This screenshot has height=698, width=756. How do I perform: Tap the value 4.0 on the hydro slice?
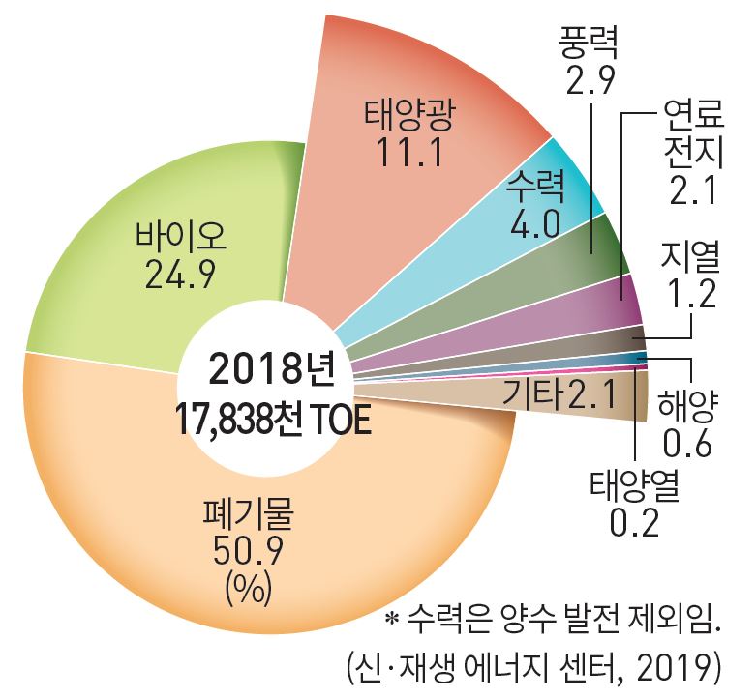pyautogui.click(x=533, y=223)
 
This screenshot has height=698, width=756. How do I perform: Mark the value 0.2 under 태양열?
pyautogui.click(x=634, y=523)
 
